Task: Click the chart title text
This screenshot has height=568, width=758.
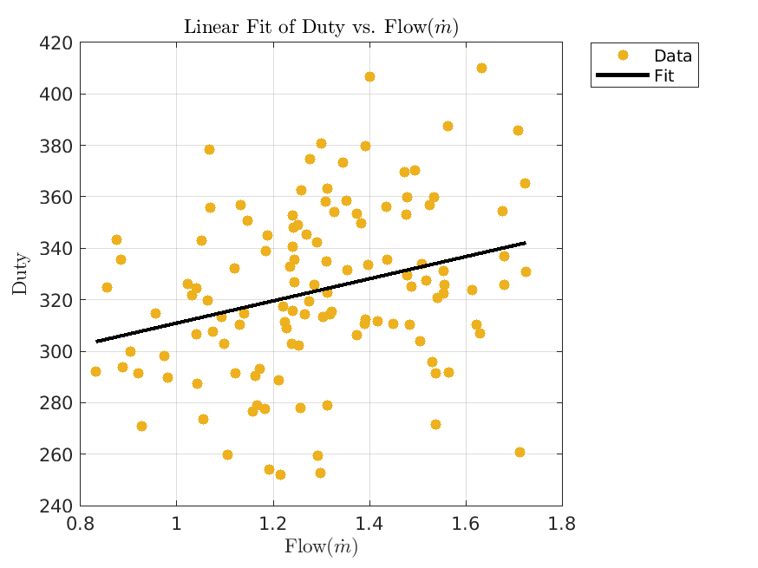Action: (x=321, y=28)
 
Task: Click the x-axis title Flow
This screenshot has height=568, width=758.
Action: (x=321, y=547)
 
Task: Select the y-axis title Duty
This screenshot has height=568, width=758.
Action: (x=21, y=273)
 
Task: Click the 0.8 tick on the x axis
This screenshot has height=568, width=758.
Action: (x=80, y=524)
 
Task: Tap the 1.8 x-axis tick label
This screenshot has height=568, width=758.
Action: (x=562, y=524)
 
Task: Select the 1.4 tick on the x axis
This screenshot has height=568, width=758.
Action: (x=369, y=524)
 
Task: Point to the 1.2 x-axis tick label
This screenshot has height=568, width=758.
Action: (x=273, y=524)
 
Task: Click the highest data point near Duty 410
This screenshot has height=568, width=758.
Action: (x=481, y=68)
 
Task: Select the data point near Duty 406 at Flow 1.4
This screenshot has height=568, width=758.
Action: (x=369, y=76)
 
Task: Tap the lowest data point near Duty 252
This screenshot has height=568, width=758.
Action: (x=280, y=474)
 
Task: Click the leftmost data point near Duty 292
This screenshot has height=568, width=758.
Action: (x=95, y=371)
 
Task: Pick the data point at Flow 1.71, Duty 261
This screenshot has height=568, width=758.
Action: (x=519, y=452)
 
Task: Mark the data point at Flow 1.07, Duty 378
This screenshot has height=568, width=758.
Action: (x=209, y=149)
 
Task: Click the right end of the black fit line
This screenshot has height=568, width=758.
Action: (x=525, y=243)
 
